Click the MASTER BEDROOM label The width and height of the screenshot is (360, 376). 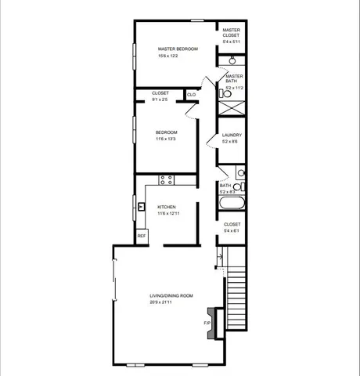(x=178, y=49)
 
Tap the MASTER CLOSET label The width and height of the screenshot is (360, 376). (x=231, y=32)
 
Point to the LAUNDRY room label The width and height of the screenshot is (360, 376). (x=231, y=135)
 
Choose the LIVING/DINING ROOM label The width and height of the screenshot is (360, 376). (x=171, y=295)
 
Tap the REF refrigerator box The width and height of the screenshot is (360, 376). (x=142, y=236)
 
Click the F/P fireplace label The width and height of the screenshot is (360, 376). (x=207, y=323)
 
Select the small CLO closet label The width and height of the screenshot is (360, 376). (x=191, y=95)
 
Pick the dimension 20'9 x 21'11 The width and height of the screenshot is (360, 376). (x=171, y=302)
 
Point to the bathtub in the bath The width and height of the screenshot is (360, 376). (x=232, y=204)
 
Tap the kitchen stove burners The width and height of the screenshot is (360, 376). (x=167, y=179)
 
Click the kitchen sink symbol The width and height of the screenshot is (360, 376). (x=142, y=208)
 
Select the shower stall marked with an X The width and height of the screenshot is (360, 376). (x=232, y=108)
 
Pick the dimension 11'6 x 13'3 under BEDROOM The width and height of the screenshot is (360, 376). (x=166, y=139)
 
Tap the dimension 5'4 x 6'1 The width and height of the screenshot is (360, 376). (x=232, y=231)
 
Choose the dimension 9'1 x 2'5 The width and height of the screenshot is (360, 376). (x=160, y=99)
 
